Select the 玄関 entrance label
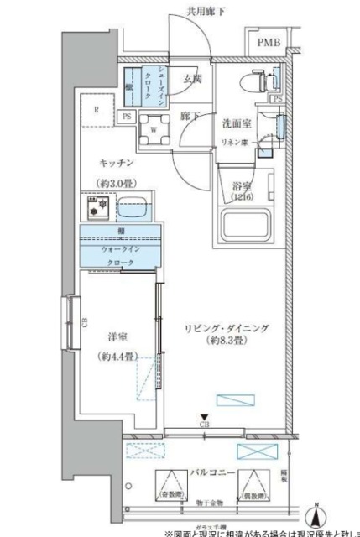click(191, 80)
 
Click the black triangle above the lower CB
click(204, 417)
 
